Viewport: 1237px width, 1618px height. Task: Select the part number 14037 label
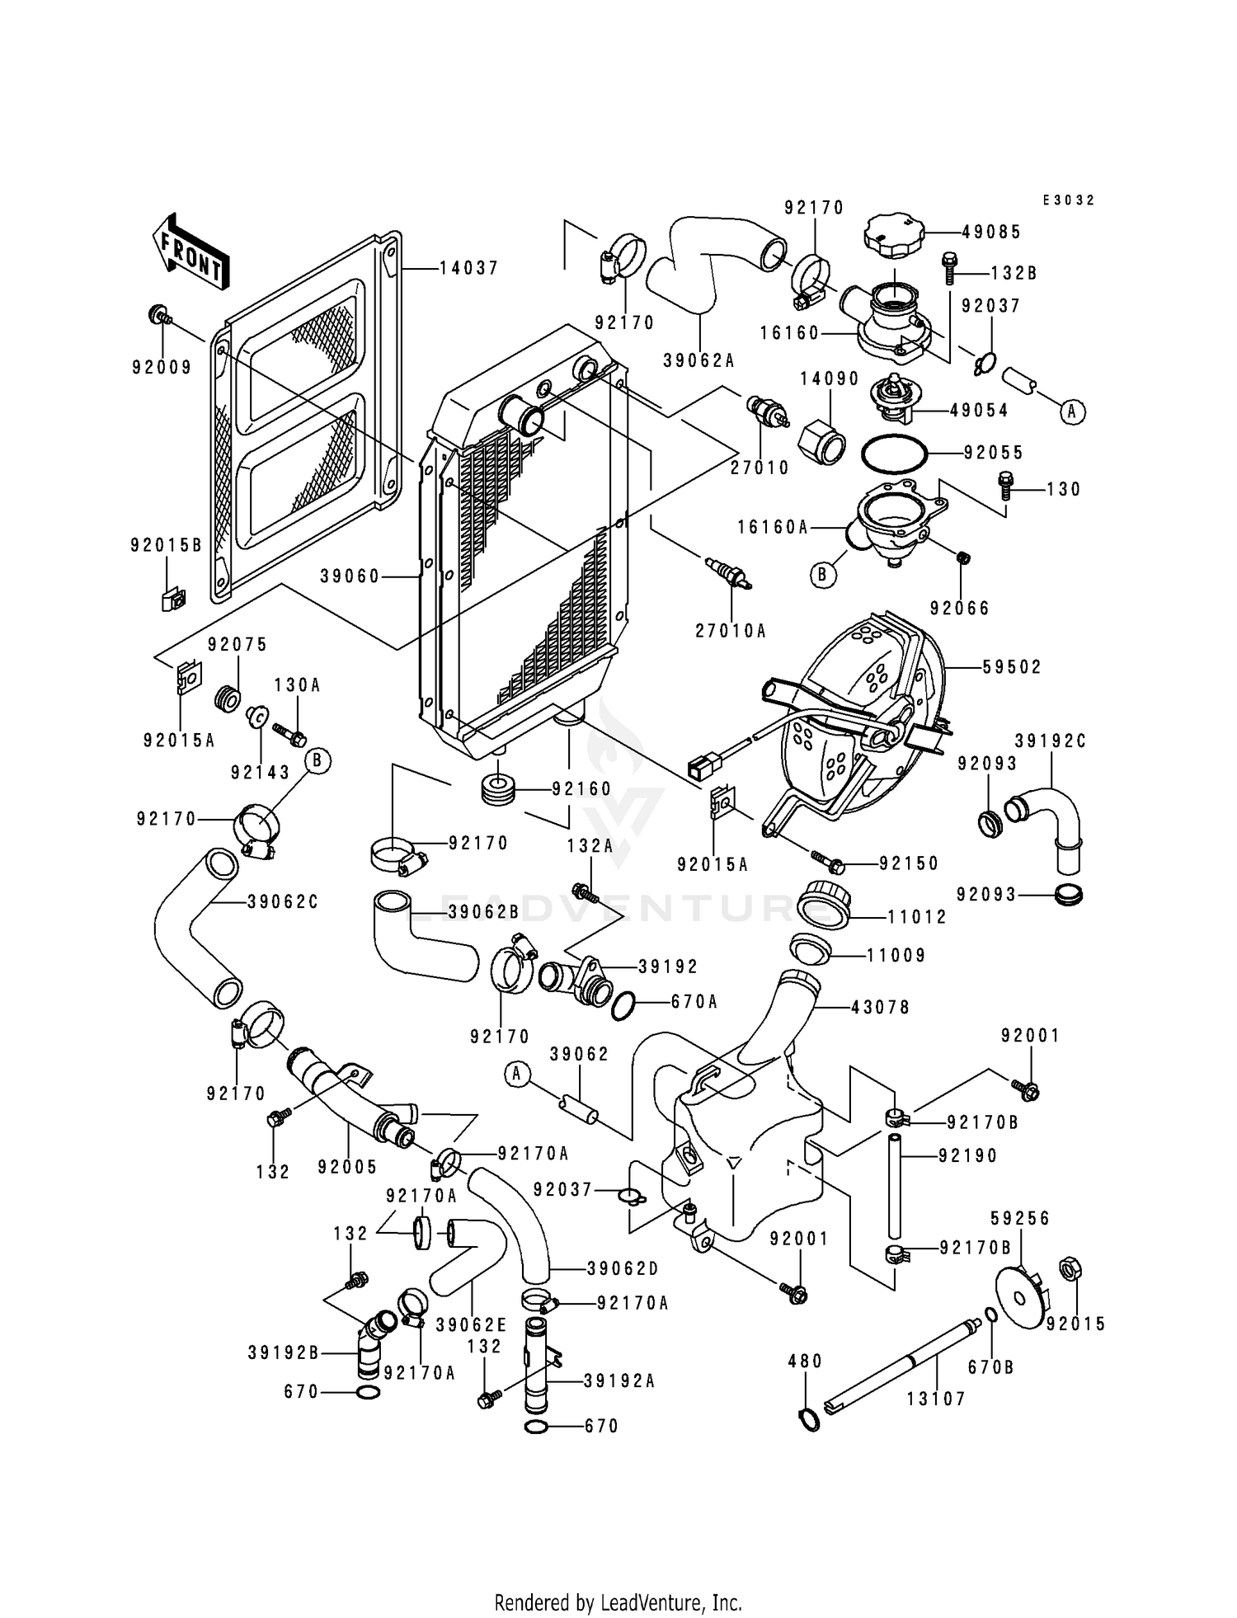pos(468,269)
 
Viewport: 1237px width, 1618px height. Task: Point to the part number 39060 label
pos(350,576)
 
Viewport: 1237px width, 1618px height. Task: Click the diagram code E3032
pos(1068,200)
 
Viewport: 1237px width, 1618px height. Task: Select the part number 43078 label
pos(881,1007)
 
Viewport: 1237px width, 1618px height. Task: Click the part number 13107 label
pos(936,1399)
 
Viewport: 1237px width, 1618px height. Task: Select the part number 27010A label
pos(731,631)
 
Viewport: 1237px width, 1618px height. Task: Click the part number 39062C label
pos(283,902)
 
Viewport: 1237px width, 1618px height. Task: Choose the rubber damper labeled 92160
pos(498,791)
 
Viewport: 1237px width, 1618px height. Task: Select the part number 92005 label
pos(347,1167)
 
